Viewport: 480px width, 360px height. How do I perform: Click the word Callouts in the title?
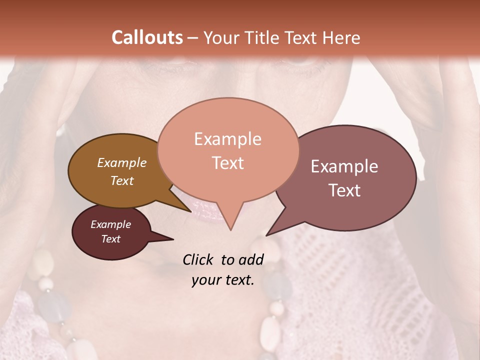point(147,38)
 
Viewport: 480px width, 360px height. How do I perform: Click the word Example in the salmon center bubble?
point(227,139)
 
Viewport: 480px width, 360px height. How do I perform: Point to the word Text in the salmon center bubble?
point(227,162)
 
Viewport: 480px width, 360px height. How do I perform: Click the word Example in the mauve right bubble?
point(344,166)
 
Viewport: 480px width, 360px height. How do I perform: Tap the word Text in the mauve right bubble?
point(344,190)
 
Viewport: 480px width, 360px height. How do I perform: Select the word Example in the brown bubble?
point(122,162)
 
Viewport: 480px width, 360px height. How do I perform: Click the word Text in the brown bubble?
point(122,180)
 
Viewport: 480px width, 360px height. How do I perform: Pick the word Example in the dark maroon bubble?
point(110,224)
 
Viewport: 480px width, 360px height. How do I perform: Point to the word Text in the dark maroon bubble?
point(110,239)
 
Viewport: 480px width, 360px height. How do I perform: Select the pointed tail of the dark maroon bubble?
point(170,239)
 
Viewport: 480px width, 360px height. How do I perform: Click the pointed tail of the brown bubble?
point(188,210)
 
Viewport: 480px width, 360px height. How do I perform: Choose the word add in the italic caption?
point(251,259)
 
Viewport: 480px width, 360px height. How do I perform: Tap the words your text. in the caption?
point(222,280)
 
